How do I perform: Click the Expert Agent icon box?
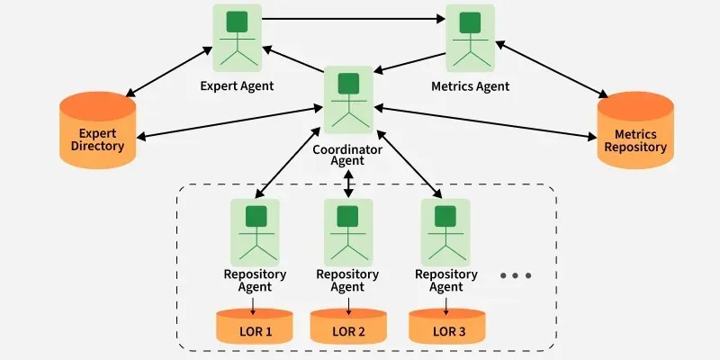(238, 39)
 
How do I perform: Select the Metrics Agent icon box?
(471, 39)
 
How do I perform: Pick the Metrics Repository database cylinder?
(635, 133)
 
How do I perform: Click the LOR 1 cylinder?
(255, 328)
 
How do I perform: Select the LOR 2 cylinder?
(348, 328)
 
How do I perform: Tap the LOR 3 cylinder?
(448, 328)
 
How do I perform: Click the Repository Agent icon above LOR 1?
(255, 230)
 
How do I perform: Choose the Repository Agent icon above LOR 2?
(347, 230)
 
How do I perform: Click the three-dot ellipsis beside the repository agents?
(516, 275)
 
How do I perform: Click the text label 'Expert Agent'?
(237, 86)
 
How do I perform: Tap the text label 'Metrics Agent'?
(471, 86)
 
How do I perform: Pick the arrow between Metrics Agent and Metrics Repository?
(551, 67)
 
